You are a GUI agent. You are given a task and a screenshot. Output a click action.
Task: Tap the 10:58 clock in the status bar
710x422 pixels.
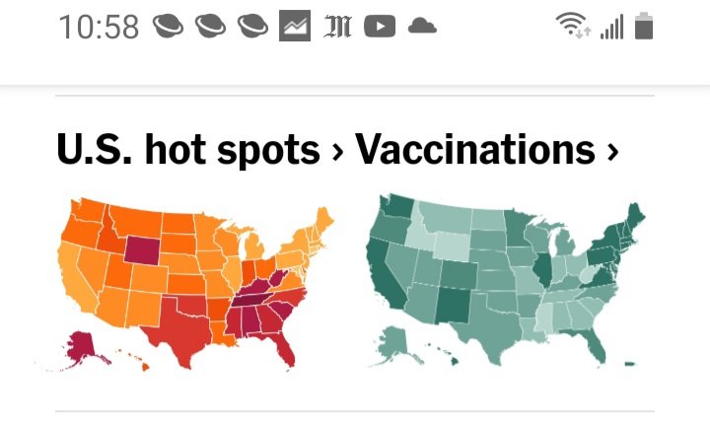(x=99, y=27)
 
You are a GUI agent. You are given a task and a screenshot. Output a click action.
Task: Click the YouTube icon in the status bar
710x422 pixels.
(x=380, y=27)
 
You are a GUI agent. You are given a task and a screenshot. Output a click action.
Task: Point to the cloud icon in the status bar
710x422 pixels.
(x=422, y=27)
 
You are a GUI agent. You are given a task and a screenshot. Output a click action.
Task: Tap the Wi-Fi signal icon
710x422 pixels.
(x=572, y=27)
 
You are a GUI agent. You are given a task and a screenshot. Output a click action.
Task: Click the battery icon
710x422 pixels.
(x=644, y=27)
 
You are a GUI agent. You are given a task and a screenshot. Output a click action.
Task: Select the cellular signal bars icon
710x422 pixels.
(x=612, y=27)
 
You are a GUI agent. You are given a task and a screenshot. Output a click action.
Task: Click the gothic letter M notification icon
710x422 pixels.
(x=337, y=27)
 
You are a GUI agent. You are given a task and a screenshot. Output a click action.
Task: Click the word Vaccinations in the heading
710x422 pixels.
(x=474, y=150)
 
